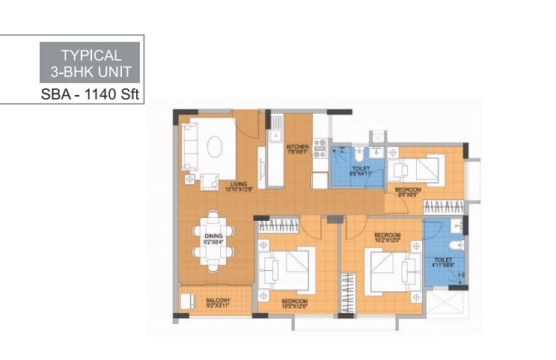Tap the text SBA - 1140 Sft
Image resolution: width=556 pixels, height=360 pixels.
90,95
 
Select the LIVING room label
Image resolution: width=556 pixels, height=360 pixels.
239,183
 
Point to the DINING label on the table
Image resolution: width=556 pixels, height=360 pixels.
213,235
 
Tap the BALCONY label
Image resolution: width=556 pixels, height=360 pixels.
218,300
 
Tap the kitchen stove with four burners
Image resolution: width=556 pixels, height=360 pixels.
321,147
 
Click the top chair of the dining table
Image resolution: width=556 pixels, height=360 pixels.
214,217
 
